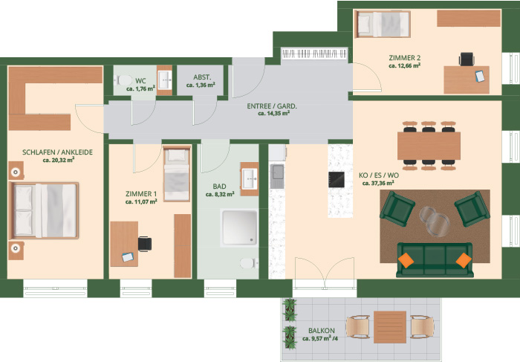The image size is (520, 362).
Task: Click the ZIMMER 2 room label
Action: click(x=405, y=58)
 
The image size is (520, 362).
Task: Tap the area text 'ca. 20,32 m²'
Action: click(x=59, y=160)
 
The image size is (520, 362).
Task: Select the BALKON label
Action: click(x=322, y=331)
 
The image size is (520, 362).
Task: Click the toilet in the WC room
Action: click(x=123, y=80)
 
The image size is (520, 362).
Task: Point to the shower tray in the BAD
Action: click(x=239, y=228)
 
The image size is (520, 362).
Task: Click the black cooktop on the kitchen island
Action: click(x=337, y=179)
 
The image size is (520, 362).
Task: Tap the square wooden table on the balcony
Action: click(x=390, y=327)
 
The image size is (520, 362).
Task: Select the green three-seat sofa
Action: click(x=435, y=260)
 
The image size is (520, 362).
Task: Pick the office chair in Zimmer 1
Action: click(x=145, y=244)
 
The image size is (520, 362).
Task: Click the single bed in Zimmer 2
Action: click(x=383, y=24)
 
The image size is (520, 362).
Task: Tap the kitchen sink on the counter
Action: click(x=277, y=176)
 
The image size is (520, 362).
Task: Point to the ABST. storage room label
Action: click(x=202, y=77)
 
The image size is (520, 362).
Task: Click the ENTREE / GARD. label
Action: click(x=272, y=106)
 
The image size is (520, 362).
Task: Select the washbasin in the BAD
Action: click(x=250, y=179)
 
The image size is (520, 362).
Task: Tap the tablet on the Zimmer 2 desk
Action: click(x=480, y=76)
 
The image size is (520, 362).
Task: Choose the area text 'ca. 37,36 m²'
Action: click(x=378, y=183)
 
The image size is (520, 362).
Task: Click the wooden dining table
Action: click(x=429, y=146)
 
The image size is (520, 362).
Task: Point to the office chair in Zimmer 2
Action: click(x=467, y=59)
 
